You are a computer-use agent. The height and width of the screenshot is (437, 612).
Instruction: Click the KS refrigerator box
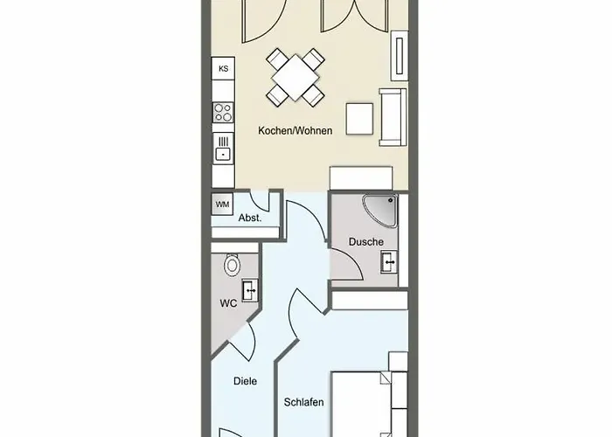pos(223,69)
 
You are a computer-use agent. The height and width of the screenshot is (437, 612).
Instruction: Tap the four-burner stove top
pos(223,113)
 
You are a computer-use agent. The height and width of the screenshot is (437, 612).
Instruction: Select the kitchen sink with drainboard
pos(223,147)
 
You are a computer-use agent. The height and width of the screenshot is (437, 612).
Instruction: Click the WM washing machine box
pos(222,205)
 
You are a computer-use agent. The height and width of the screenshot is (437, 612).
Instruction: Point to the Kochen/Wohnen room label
pos(296,131)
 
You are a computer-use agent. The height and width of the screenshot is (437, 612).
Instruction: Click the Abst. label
pos(250,218)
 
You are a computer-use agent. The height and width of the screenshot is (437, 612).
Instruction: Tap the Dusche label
pos(365,242)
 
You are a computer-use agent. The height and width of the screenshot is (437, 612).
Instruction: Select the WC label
pos(228,303)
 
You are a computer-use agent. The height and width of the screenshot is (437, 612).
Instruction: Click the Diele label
pos(245,381)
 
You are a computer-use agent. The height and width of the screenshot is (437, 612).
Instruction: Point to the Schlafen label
pos(303,402)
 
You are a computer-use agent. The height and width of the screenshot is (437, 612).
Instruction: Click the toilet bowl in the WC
pos(233,265)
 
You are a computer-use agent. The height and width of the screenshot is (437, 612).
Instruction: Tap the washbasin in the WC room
pos(250,290)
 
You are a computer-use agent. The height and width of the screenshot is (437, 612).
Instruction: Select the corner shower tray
pos(379,211)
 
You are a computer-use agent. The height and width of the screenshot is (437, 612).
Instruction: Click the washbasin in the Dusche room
pos(389,262)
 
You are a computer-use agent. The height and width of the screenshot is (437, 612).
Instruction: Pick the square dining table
pos(296,77)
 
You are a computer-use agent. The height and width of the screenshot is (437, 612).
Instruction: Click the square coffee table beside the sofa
pos(359,119)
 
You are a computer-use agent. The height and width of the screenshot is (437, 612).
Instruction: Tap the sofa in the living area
pos(393,117)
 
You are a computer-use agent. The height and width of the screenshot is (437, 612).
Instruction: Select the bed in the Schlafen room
pos(360,404)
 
